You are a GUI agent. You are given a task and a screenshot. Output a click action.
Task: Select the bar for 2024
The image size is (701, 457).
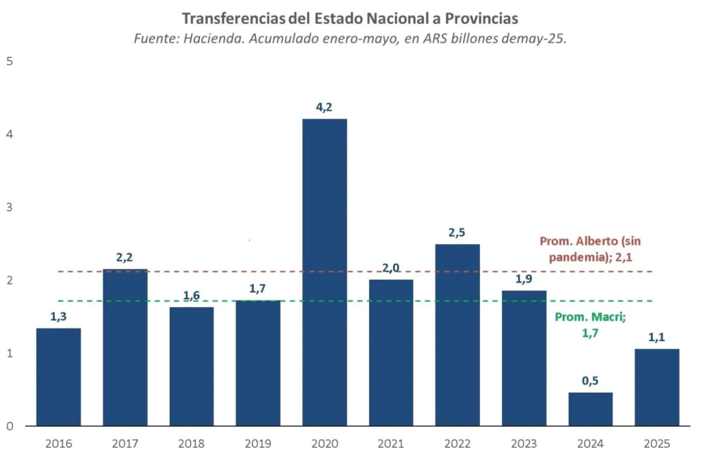[590, 408]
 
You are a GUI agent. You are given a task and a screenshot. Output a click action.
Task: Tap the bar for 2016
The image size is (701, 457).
[58, 377]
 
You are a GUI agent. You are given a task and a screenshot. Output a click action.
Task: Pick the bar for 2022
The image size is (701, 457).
[457, 335]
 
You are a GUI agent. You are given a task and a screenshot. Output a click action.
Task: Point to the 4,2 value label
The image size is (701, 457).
[324, 107]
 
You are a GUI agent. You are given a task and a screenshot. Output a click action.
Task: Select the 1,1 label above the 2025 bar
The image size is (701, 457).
[657, 337]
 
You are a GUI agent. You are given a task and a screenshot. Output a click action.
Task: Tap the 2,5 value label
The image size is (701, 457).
[457, 232]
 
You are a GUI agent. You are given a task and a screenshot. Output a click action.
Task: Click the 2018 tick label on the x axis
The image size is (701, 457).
[191, 443]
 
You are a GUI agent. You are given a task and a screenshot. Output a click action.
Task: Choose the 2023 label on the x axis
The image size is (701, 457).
[524, 443]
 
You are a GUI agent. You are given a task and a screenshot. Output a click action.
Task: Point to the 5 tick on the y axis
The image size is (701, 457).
[10, 61]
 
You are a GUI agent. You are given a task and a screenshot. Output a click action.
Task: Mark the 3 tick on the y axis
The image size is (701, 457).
[10, 207]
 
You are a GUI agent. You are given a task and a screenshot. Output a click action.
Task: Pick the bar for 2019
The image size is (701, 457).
[258, 363]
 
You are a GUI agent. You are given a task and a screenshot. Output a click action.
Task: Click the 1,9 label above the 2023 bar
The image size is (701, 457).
[524, 278]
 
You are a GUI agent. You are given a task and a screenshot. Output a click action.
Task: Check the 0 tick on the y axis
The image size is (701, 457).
[10, 426]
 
